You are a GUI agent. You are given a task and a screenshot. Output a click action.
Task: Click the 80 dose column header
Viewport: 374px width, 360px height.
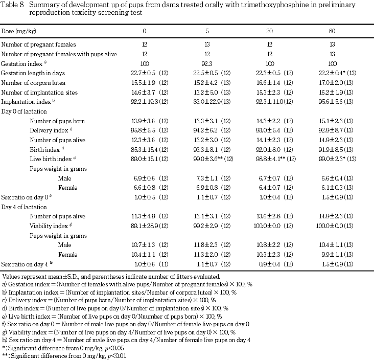click(332, 30)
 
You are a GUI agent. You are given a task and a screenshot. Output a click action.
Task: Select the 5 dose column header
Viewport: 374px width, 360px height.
click(207, 30)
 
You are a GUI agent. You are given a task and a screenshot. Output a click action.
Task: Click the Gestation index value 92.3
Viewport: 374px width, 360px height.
click(207, 63)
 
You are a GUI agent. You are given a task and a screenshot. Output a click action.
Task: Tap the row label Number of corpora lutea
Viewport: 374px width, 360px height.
click(33, 82)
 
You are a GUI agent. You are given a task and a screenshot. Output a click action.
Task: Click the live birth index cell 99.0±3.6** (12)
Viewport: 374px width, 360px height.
click(210, 159)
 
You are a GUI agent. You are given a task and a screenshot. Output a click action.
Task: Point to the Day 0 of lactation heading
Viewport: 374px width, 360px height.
click(24, 111)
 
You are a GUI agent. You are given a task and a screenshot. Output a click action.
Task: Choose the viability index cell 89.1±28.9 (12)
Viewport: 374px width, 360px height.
click(145, 226)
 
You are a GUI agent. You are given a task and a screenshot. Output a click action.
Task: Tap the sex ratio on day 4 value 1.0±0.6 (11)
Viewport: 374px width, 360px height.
click(145, 264)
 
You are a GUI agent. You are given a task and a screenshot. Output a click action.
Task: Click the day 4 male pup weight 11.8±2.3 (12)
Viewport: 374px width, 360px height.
click(207, 245)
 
